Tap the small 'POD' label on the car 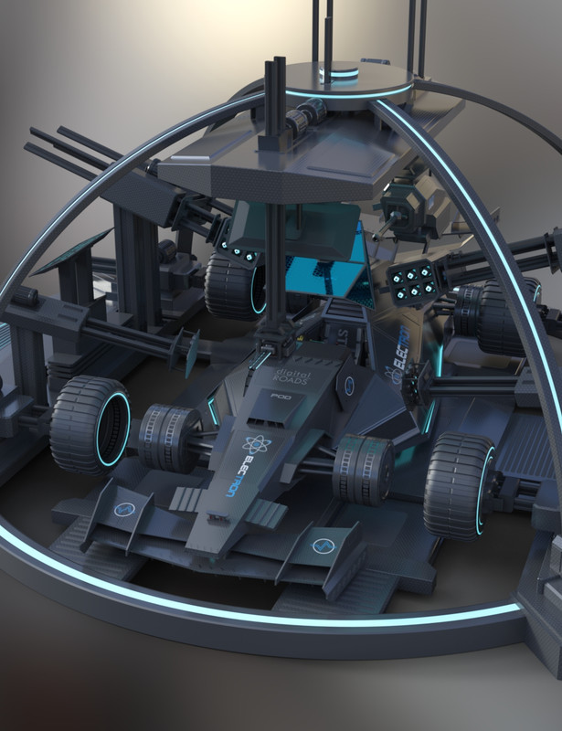[x=280, y=397]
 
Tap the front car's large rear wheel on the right [x=460, y=484]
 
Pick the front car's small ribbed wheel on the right [x=363, y=469]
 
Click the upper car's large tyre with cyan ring [x=233, y=284]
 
